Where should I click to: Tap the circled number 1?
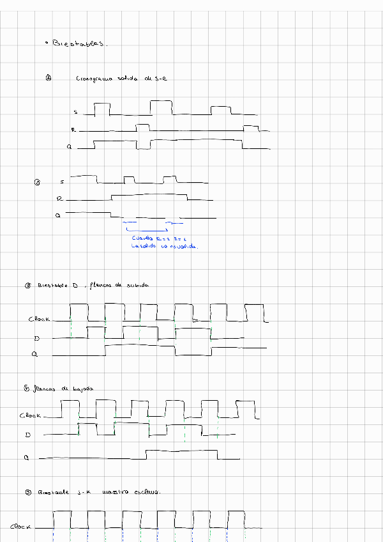49,78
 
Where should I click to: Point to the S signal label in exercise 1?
75,112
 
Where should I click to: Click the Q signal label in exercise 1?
69,147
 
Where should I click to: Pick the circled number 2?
37,183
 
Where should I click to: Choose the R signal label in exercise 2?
58,199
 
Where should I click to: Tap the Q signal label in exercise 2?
57,216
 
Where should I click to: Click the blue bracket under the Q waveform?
147,229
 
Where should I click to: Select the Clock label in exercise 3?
40,319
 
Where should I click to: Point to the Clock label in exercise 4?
31,415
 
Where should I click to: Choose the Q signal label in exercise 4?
27,458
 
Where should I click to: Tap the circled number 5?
27,493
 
